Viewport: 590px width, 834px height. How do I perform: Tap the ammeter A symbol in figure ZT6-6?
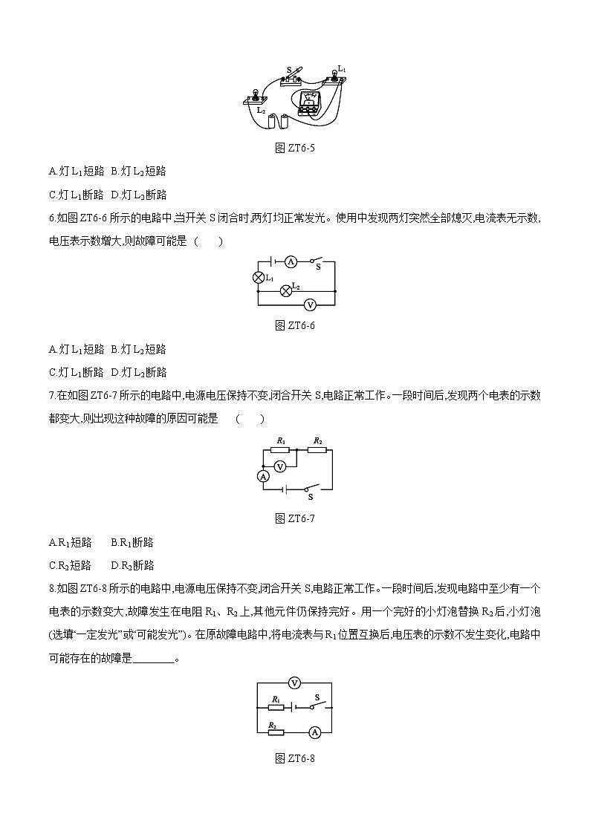click(292, 261)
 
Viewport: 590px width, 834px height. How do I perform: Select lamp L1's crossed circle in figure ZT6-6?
click(259, 278)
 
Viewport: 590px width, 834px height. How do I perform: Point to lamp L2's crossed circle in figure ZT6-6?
click(285, 291)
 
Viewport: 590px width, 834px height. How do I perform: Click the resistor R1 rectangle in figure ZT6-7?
click(282, 450)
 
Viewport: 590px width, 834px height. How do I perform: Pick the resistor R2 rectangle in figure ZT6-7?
click(317, 450)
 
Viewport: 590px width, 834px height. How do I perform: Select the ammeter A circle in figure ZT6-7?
click(263, 476)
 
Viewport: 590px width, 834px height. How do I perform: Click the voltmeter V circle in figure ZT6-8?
click(294, 682)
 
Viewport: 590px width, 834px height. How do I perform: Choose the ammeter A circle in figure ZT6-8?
click(314, 732)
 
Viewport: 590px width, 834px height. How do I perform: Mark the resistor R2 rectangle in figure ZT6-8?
click(275, 732)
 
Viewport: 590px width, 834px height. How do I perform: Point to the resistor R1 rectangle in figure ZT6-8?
click(276, 707)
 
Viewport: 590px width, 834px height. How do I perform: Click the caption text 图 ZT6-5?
click(295, 148)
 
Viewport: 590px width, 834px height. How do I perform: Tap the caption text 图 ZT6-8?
click(295, 758)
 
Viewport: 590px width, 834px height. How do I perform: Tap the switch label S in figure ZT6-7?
click(310, 497)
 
